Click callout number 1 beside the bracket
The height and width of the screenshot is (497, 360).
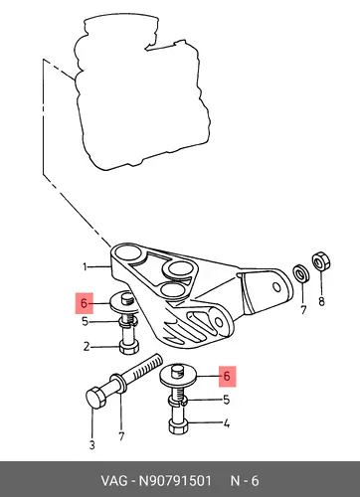(85, 266)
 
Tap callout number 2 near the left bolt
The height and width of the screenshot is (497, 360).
(87, 347)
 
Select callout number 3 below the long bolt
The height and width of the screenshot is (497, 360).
(92, 444)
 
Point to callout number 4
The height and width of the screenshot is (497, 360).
(227, 423)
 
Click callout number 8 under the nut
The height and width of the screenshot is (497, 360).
(321, 302)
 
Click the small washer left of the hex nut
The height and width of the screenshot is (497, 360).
(301, 274)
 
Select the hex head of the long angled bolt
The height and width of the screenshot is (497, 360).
(96, 397)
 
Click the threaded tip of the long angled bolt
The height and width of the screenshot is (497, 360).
(157, 359)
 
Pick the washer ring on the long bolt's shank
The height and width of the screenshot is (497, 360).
(119, 382)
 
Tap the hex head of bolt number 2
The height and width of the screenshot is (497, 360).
(129, 348)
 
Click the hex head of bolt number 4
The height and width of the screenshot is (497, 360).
(178, 425)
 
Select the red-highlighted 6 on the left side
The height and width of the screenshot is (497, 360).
(85, 303)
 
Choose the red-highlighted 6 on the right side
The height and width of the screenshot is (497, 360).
(227, 376)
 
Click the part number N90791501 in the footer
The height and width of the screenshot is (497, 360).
(175, 481)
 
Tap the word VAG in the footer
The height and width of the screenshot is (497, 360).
(114, 481)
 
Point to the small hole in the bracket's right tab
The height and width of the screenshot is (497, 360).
(276, 287)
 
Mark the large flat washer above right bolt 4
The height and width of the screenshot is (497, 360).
(179, 378)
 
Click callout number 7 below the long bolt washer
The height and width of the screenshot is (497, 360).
(121, 436)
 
